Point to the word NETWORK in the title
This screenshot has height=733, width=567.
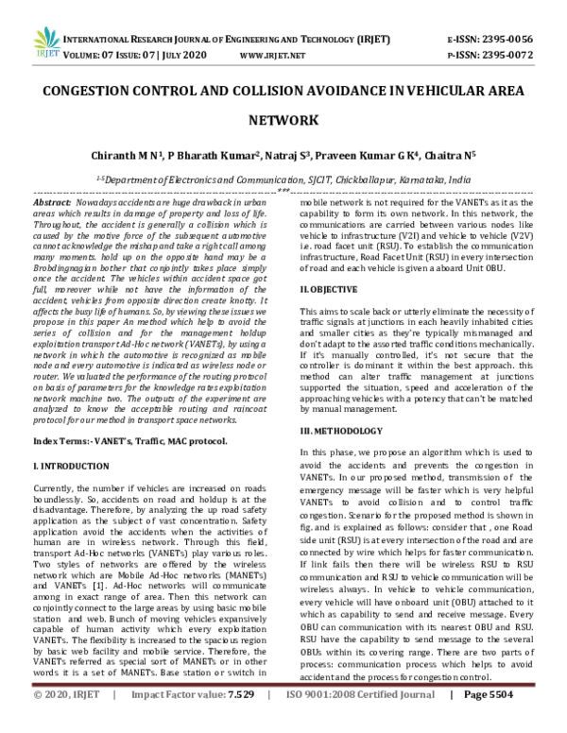coord(283,120)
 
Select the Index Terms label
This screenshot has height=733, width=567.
coord(62,415)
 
